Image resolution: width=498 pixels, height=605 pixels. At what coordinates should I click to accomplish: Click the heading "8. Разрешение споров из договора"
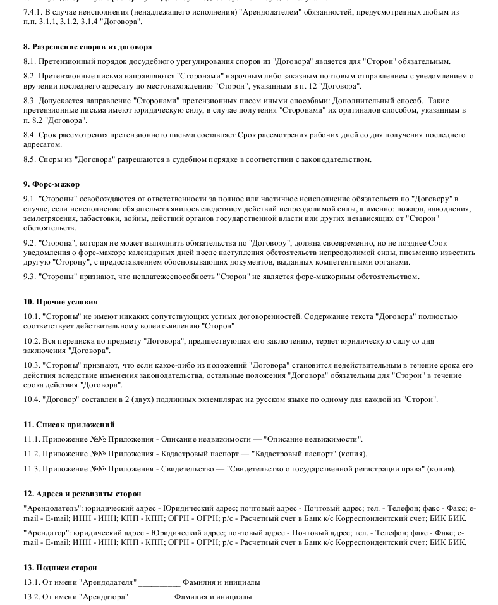point(87,47)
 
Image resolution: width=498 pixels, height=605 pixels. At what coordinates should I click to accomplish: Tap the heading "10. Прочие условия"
point(60,302)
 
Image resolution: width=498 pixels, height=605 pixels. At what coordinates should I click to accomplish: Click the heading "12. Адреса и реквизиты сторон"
point(82,494)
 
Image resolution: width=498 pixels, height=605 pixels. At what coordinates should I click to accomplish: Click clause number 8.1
point(29,61)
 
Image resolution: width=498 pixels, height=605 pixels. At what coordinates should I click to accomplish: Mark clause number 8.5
point(29,159)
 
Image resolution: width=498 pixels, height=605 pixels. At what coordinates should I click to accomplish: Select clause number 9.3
point(29,277)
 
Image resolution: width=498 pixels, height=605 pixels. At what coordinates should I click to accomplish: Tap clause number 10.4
point(31,399)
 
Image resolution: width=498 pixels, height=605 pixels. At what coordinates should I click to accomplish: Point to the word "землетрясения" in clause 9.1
point(47,218)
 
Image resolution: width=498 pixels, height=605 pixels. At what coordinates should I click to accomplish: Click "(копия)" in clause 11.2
point(353,454)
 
